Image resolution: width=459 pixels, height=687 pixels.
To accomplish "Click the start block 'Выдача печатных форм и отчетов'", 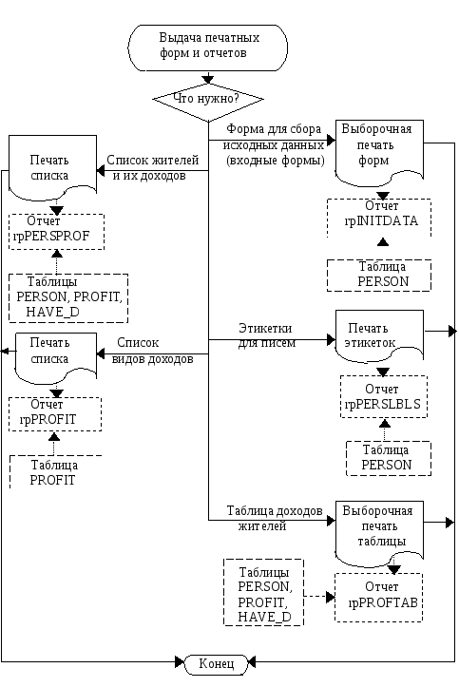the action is tap(208, 48).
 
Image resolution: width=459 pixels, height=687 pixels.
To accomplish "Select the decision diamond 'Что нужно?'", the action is tap(208, 99).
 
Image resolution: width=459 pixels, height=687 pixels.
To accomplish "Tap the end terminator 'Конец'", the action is tap(217, 664).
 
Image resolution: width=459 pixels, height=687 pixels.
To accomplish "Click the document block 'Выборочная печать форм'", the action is tap(379, 152).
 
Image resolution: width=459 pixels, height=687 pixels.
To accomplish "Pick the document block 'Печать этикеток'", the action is tap(379, 335).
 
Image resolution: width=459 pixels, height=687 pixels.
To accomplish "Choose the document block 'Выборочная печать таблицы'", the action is tap(379, 533).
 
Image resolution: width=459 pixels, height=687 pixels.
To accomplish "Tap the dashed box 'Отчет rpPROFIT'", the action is tap(55, 414).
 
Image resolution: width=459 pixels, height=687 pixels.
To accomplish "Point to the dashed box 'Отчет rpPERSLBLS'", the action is tap(384, 396).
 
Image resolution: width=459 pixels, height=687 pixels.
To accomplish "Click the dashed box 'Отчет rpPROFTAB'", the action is tap(379, 598).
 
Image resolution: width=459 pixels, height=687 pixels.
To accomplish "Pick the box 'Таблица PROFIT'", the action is tap(56, 472).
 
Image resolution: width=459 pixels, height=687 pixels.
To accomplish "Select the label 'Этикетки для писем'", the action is tap(266, 335).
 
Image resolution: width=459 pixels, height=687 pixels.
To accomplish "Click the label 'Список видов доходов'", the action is tap(152, 351).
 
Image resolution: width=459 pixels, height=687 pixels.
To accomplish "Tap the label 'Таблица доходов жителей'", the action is tap(275, 518).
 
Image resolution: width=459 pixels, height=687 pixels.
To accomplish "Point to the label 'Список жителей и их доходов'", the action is tap(152, 168).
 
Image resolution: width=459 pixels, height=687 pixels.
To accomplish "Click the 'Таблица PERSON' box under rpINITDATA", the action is tap(379, 276).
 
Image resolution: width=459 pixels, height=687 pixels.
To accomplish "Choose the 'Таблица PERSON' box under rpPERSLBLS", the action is tap(389, 458).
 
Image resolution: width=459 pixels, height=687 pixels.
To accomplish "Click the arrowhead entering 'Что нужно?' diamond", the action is tap(208, 79).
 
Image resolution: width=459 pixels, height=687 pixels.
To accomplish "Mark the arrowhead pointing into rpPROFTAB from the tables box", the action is tap(331, 597).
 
